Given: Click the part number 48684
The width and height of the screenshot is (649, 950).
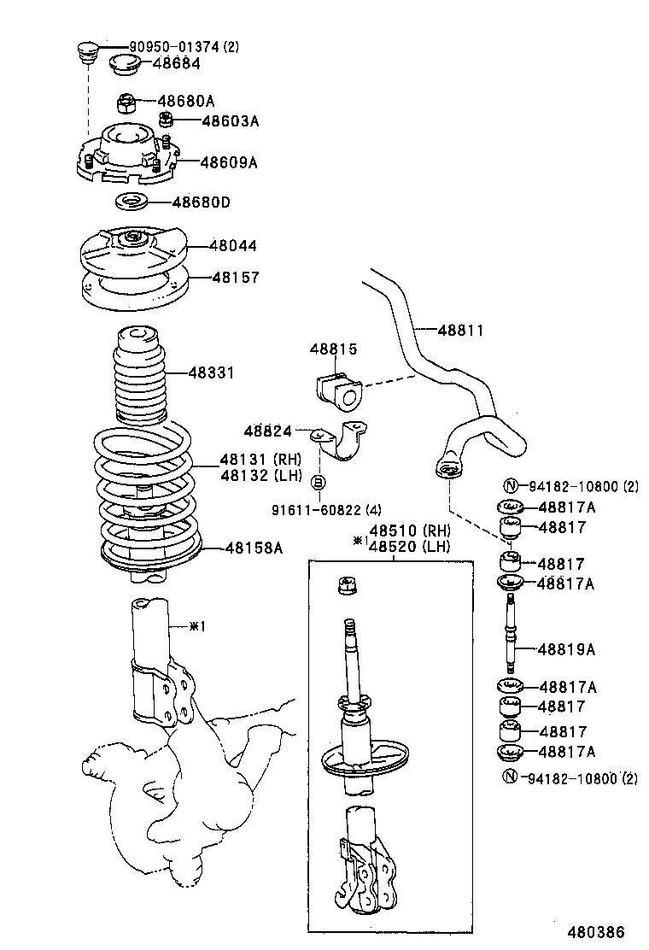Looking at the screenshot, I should click(x=178, y=62).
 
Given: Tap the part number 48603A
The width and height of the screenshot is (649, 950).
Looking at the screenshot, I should click(x=230, y=120).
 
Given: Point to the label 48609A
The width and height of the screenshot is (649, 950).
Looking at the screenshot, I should click(x=228, y=161).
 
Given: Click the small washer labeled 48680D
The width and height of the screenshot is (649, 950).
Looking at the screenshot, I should click(x=130, y=203).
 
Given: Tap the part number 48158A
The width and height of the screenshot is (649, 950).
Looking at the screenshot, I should click(x=254, y=548).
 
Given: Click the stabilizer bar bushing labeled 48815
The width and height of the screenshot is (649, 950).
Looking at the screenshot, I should click(x=338, y=389).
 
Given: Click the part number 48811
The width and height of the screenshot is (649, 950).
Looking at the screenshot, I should click(x=460, y=329).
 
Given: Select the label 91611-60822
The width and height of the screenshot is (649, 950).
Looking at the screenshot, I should click(x=315, y=511).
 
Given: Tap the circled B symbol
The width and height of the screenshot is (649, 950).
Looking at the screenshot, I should click(x=318, y=484).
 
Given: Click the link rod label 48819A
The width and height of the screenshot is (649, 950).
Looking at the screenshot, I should click(x=566, y=649).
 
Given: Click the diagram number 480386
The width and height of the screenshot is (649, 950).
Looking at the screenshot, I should click(x=595, y=931).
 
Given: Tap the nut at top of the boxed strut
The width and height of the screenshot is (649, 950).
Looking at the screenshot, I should click(x=348, y=587).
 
